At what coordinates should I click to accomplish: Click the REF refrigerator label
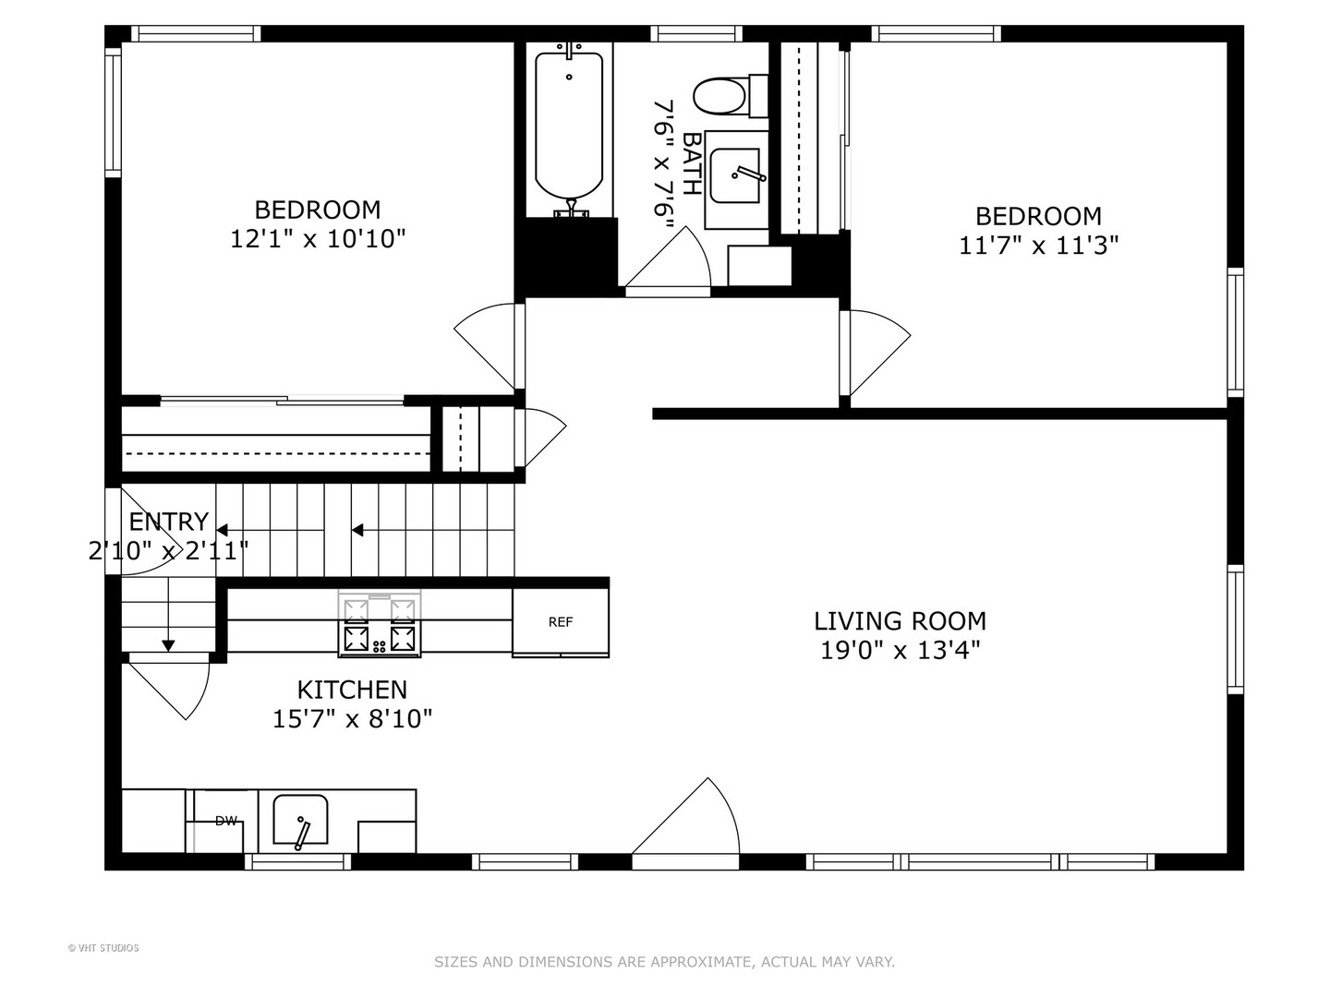point(560,621)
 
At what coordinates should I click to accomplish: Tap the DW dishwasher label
point(226,821)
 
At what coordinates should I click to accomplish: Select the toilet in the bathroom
point(731,95)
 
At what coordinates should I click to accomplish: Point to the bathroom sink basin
point(734,175)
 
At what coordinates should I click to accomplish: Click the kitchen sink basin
point(300,820)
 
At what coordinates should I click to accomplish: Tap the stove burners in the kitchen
point(380,624)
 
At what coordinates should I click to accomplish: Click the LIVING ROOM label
point(900,621)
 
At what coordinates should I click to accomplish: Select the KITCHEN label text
point(352,690)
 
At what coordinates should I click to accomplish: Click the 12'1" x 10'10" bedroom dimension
point(318,238)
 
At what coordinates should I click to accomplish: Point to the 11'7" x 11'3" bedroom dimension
point(1038,246)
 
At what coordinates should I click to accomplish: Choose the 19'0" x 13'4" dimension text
point(900,651)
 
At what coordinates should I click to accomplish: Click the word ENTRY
point(168,522)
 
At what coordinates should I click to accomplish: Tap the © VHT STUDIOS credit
point(103,948)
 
